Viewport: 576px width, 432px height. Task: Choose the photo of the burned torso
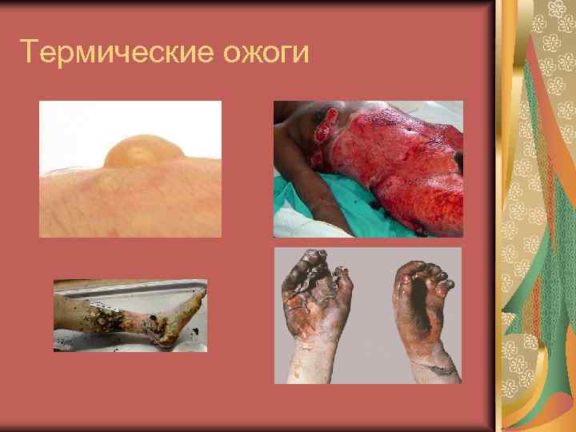[x=368, y=169]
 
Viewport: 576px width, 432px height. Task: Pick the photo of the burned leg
[x=130, y=315]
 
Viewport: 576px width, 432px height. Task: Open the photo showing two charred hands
[x=368, y=315]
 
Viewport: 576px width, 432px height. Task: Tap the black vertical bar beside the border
[x=493, y=216]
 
